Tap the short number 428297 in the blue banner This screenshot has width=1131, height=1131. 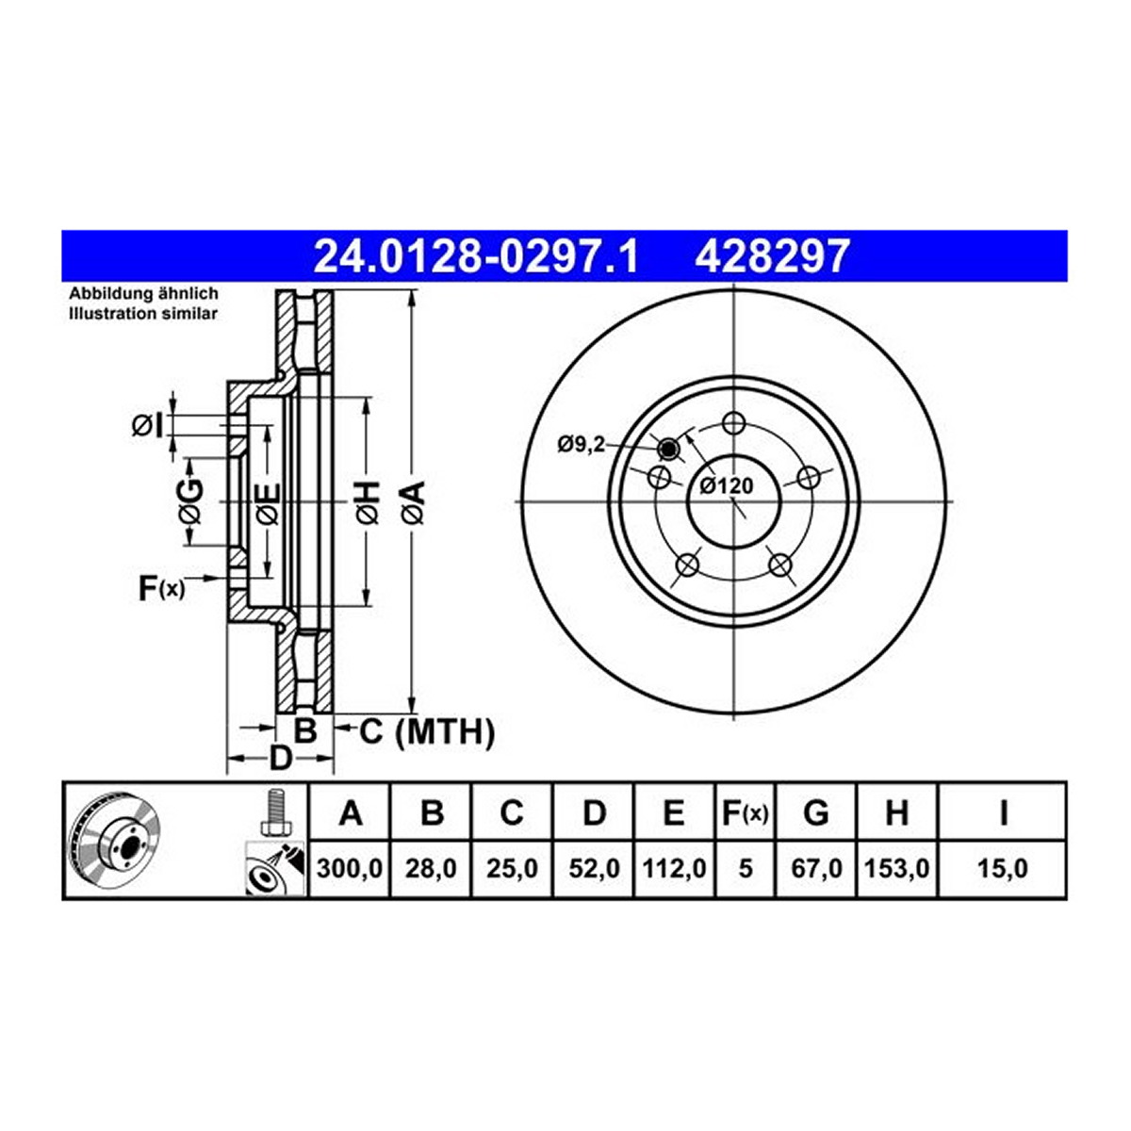[773, 256]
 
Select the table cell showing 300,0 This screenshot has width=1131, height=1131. [350, 868]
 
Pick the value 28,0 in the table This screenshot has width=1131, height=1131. [431, 868]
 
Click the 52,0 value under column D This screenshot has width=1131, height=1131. [594, 868]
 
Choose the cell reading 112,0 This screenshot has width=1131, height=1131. [675, 868]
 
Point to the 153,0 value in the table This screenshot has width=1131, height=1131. [897, 868]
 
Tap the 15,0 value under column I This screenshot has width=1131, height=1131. [1003, 868]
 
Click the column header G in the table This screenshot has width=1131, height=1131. [816, 813]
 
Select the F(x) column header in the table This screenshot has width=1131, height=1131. [745, 813]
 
